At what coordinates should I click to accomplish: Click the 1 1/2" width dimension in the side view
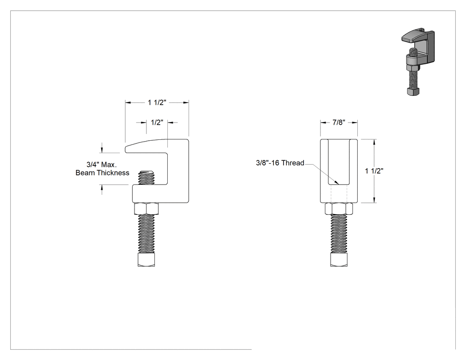pos(157,103)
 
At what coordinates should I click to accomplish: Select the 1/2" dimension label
pos(157,123)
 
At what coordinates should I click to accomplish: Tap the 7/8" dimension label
pos(339,123)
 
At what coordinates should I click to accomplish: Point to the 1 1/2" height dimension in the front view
pos(374,171)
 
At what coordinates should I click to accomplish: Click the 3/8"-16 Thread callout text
pos(280,163)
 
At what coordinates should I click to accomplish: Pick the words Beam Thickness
pos(102,173)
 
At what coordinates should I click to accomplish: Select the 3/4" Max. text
pos(102,164)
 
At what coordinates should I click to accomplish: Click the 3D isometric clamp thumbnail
pos(418,62)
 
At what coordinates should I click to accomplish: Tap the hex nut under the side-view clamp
pos(146,209)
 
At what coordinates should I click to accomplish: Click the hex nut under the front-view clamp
pos(339,209)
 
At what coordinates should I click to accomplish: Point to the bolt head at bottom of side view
pos(146,260)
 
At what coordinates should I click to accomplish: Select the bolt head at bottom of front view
pos(339,260)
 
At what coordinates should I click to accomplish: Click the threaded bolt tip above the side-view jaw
pos(146,178)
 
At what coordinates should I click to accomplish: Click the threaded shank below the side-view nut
pos(146,234)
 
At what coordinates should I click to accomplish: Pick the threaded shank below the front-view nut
pos(339,234)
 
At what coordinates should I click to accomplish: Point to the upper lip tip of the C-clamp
pos(126,149)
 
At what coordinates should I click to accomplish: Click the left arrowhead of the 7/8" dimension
pos(323,123)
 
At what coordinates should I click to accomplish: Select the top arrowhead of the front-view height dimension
pos(374,142)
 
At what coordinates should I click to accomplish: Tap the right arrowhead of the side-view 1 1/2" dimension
pos(186,103)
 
